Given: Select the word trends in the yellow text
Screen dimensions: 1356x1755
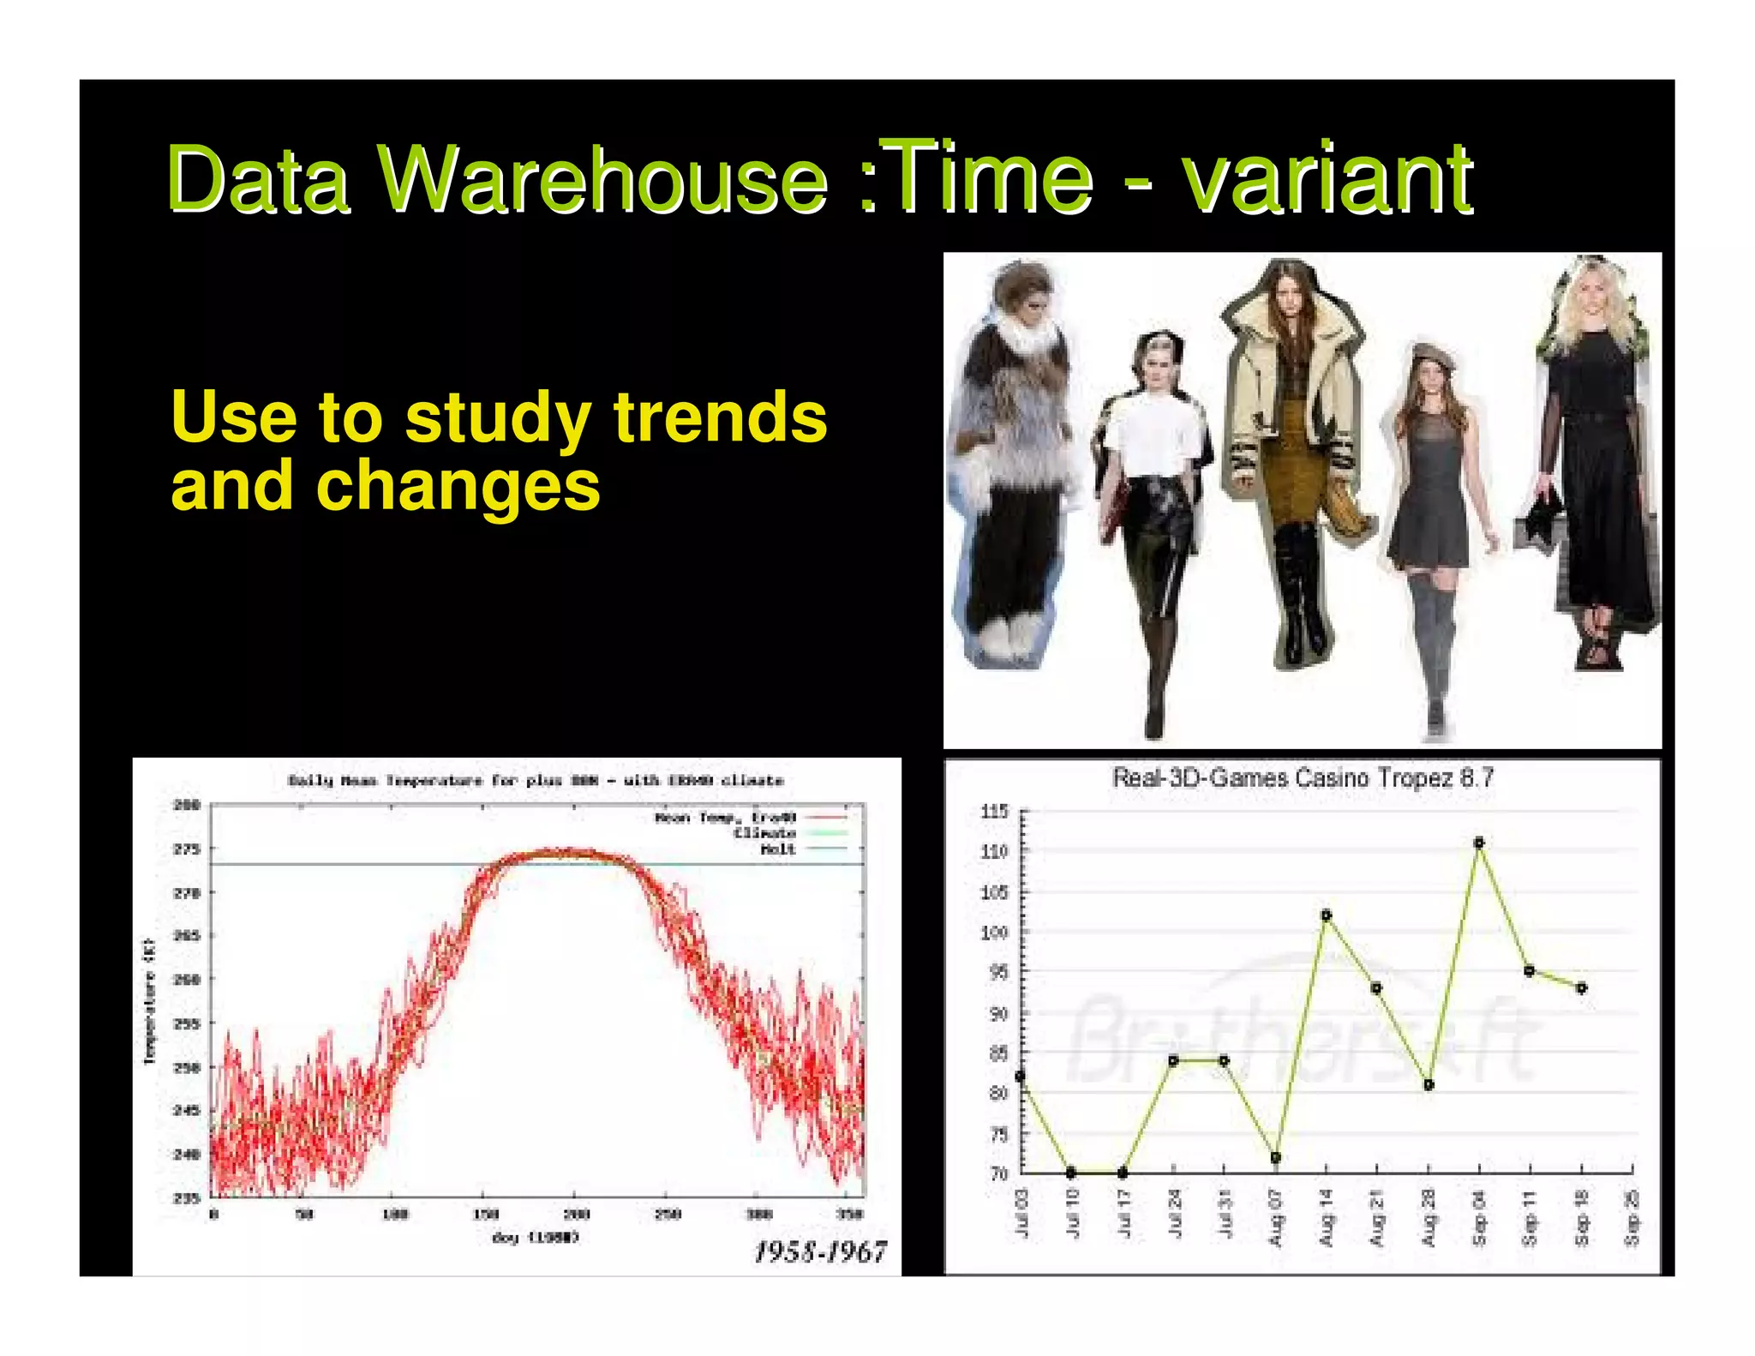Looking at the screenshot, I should point(720,417).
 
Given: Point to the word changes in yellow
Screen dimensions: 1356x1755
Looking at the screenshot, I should point(458,486).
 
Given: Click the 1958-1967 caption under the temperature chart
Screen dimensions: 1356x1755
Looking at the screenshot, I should point(820,1252).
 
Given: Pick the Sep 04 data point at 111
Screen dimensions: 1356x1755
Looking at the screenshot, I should point(1479,843).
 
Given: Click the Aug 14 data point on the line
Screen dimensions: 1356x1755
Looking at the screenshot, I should point(1327,915).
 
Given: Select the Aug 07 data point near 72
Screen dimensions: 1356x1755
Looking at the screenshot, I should point(1275,1157).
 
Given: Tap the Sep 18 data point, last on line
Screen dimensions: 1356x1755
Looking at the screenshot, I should point(1582,987).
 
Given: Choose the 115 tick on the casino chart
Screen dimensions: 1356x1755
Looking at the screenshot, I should point(994,811).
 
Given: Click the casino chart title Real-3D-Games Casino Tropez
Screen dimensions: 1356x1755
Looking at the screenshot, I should point(1303,778).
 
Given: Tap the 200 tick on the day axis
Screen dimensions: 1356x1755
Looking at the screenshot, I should point(576,1214).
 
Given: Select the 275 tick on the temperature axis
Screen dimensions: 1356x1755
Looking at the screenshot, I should point(187,849).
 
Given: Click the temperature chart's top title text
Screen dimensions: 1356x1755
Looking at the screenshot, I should point(536,780).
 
